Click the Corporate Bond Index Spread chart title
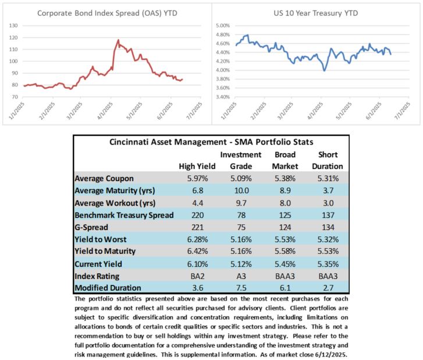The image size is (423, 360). tap(107, 13)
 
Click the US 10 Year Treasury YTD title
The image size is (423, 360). tap(315, 13)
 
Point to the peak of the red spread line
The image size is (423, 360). tap(118, 40)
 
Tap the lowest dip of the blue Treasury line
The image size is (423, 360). tap(324, 70)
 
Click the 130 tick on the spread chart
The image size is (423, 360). tap(13, 26)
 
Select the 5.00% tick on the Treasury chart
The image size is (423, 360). tap(223, 26)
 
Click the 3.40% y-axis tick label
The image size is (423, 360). tap(223, 97)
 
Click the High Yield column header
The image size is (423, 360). tap(197, 167)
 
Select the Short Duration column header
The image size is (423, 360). tap(328, 160)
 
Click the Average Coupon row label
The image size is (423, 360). tap(104, 178)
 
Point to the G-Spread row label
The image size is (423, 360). tap(91, 227)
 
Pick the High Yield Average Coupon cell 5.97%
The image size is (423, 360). tap(198, 178)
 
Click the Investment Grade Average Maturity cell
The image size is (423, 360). tap(241, 190)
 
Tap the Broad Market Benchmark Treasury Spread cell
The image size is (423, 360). tap(285, 216)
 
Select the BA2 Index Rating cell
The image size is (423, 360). tap(198, 276)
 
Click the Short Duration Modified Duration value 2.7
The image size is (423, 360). tap(328, 288)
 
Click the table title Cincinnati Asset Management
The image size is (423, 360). tap(168, 142)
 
